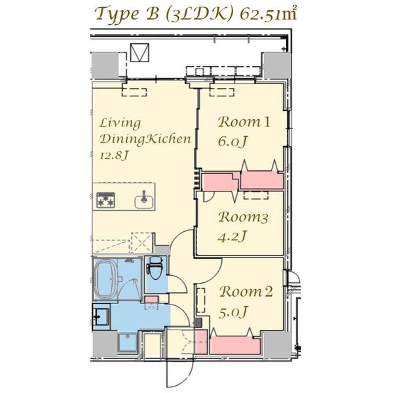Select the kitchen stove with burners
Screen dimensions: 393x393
pos(105,200)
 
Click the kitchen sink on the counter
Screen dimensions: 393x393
pos(144,200)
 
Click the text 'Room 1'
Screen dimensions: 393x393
pos(244,121)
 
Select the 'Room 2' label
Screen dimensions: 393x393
pos(245,293)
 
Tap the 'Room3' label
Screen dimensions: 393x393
pos(243,217)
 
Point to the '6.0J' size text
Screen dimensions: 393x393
pos(234,141)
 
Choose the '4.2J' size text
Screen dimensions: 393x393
pos(233,236)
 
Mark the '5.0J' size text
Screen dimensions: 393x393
pos(234,313)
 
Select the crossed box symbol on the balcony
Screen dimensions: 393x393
pos(140,52)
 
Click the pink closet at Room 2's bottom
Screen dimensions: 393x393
pos(234,345)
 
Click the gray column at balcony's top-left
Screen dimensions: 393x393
pos(105,65)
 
